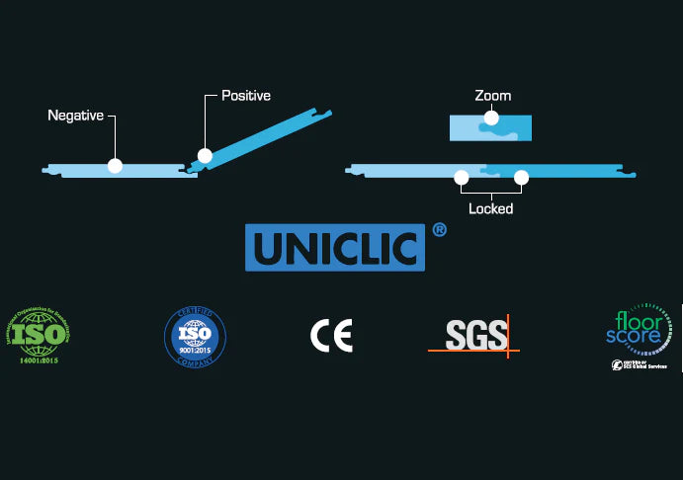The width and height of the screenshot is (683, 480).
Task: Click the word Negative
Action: click(x=75, y=116)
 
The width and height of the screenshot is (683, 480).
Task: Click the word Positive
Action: click(x=245, y=96)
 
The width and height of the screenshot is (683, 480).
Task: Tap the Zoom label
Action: click(x=491, y=96)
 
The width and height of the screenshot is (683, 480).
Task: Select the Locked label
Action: click(x=491, y=208)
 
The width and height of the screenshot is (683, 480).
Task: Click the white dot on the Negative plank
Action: click(x=115, y=166)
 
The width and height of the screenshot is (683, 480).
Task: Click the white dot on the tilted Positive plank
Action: click(x=205, y=155)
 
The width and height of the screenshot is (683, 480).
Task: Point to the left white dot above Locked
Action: click(x=461, y=178)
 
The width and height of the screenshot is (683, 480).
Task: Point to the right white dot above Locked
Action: click(x=522, y=178)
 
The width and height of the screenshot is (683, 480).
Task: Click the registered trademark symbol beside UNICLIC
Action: click(x=440, y=230)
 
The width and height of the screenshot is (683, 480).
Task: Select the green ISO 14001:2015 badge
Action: click(x=39, y=335)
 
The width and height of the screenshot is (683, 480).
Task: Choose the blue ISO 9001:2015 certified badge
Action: click(x=194, y=335)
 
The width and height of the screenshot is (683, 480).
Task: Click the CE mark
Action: click(x=331, y=336)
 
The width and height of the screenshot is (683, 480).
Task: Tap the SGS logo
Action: click(x=474, y=335)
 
